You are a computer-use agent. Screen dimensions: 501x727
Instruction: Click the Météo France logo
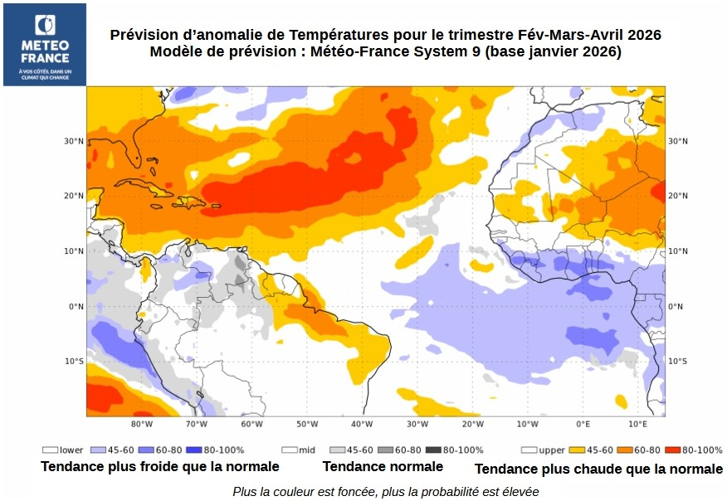[x=44, y=44]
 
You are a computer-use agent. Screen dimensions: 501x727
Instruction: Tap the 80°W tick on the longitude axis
[x=142, y=424]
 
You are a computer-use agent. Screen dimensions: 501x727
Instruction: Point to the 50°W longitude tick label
[x=306, y=424]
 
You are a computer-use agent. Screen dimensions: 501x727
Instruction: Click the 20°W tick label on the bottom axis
[x=472, y=424]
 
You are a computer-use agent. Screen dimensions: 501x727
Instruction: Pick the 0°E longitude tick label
[x=583, y=424]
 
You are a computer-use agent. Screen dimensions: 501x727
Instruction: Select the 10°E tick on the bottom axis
[x=637, y=424]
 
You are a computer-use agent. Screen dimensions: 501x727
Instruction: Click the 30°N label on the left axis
[x=74, y=141]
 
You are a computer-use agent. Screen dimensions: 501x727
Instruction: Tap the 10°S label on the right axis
[x=678, y=361]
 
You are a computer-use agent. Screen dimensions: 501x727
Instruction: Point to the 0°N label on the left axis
[x=76, y=306]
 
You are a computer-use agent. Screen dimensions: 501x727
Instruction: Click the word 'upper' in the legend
[x=552, y=450]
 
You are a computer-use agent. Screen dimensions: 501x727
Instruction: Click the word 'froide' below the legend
[x=164, y=466]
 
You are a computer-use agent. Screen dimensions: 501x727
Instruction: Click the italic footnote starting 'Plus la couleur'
[x=385, y=491]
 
